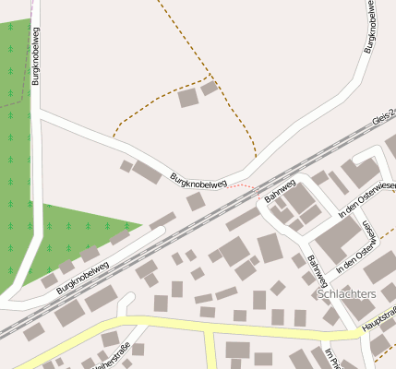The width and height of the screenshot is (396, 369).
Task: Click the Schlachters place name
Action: [x=346, y=294]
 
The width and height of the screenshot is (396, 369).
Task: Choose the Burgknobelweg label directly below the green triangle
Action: [x=82, y=277]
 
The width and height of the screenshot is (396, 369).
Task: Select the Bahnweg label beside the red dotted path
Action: [x=279, y=189]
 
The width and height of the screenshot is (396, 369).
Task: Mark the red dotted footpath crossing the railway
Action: [x=243, y=185]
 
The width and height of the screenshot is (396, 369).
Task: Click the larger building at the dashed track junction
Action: [x=188, y=98]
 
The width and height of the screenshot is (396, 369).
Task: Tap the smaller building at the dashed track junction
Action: [x=210, y=89]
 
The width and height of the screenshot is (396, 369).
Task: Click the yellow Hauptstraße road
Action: [x=166, y=322]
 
